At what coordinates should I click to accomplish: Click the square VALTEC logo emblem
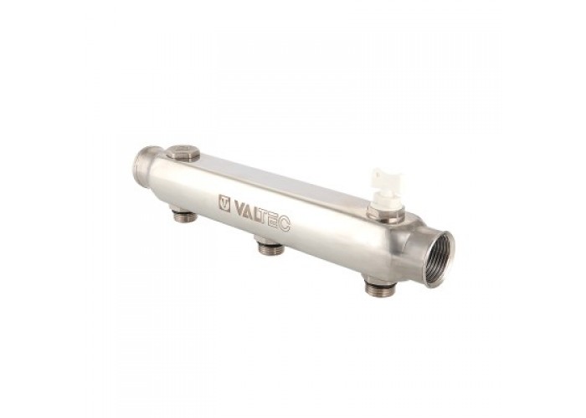tap(224, 203)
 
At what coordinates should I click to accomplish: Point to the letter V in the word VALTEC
tap(239, 207)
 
